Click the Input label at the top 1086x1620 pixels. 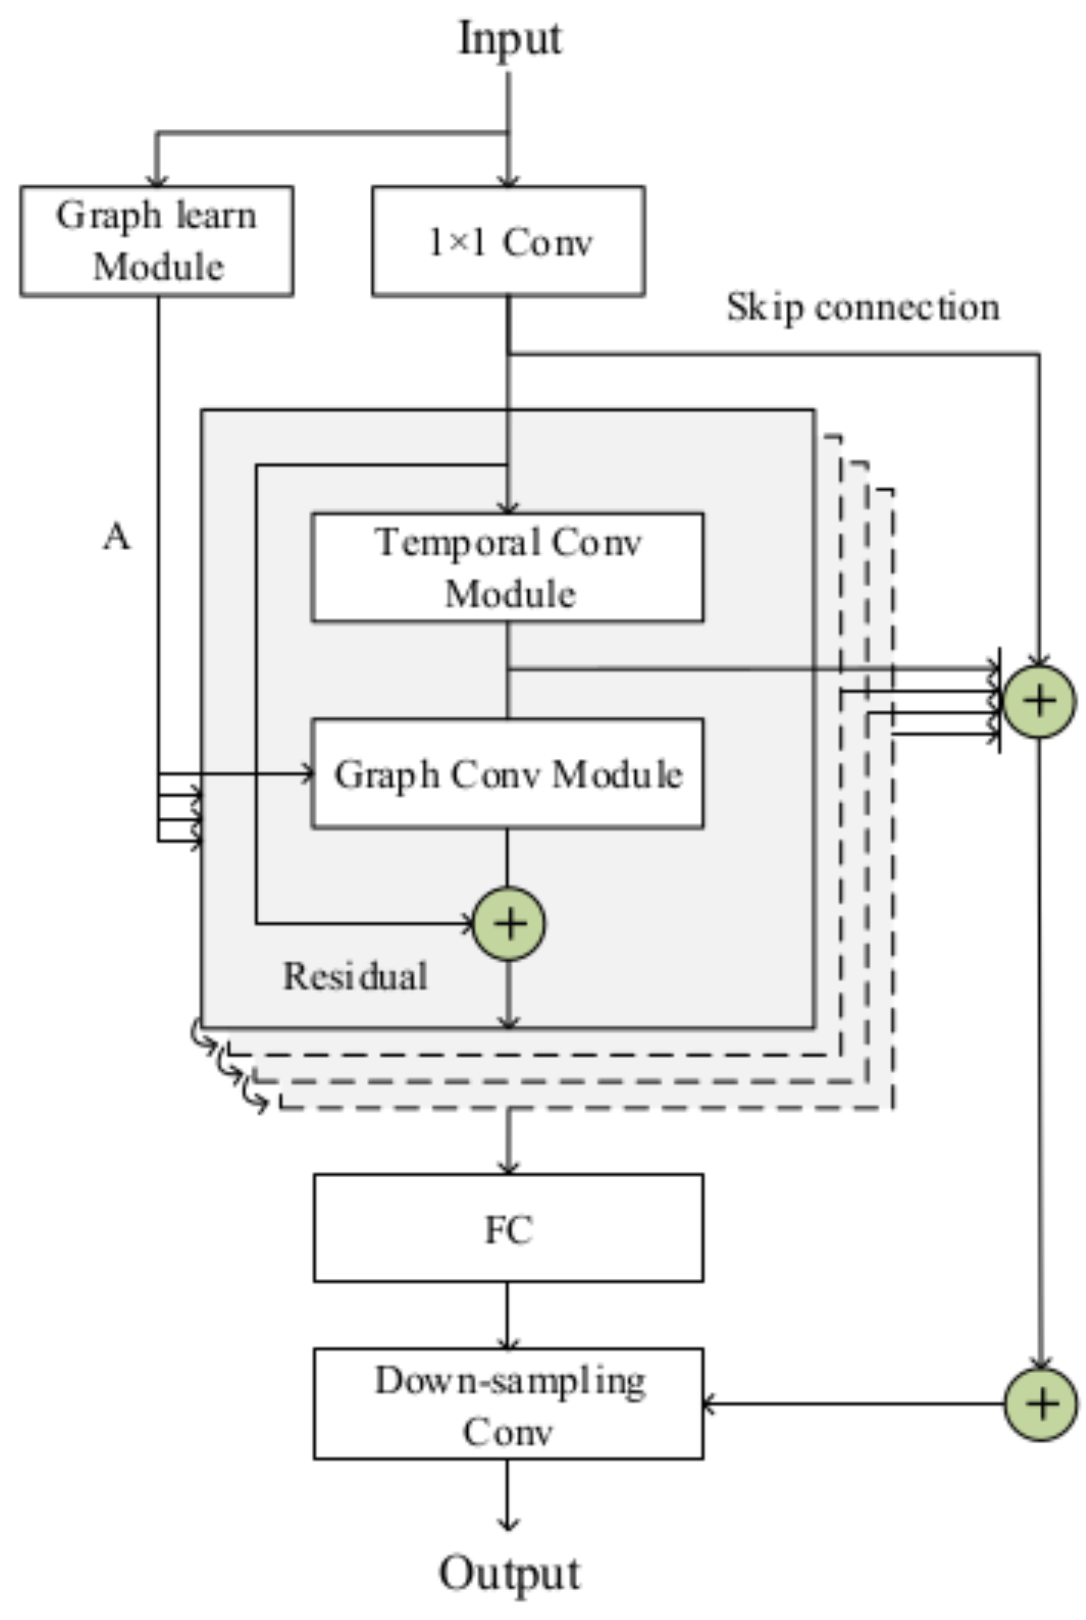point(510,39)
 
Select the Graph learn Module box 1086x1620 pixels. point(156,241)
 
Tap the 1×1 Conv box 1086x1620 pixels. point(508,241)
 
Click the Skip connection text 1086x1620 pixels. point(863,307)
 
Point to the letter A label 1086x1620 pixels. point(117,537)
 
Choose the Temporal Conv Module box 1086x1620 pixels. point(508,567)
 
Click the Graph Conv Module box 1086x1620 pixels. point(508,774)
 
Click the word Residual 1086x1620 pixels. point(355,977)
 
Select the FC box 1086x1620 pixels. point(508,1228)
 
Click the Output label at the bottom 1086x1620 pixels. point(510,1573)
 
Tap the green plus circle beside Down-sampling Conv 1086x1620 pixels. point(1040,1404)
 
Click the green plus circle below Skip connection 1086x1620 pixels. point(1039,701)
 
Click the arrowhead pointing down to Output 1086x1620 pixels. point(508,1524)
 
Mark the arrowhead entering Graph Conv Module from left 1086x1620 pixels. point(308,774)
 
